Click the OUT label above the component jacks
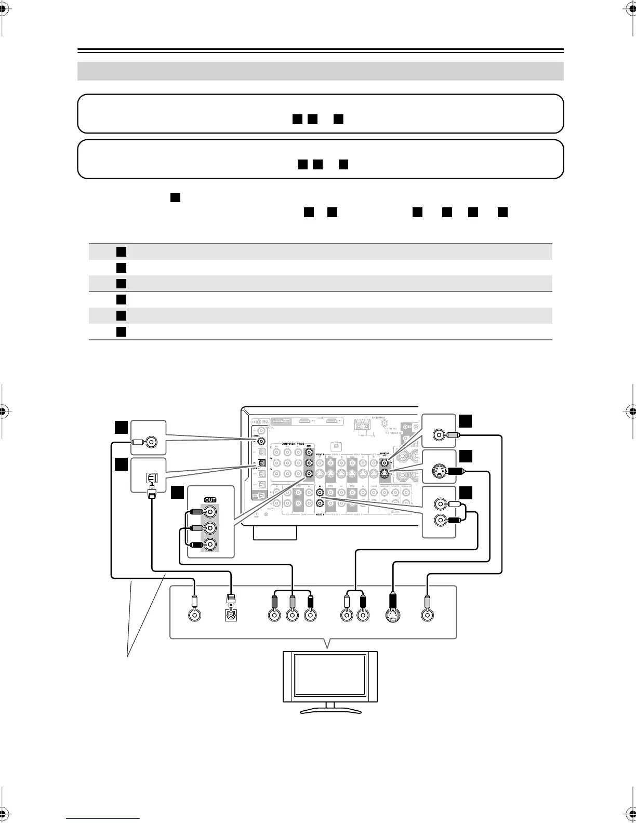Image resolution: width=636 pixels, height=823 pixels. [x=210, y=500]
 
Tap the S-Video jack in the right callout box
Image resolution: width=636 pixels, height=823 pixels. [x=439, y=472]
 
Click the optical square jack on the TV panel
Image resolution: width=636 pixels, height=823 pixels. [x=230, y=615]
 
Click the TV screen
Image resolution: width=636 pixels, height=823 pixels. [x=329, y=675]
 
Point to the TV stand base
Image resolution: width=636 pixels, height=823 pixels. [x=329, y=710]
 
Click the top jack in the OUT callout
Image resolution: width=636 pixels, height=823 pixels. [x=210, y=512]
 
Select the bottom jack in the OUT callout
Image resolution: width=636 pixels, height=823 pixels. [x=210, y=545]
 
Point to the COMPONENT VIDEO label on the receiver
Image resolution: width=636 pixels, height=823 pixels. [x=297, y=444]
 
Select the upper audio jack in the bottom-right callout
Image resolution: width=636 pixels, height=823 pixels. [x=440, y=503]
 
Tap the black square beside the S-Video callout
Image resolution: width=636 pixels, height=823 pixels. [x=466, y=456]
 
